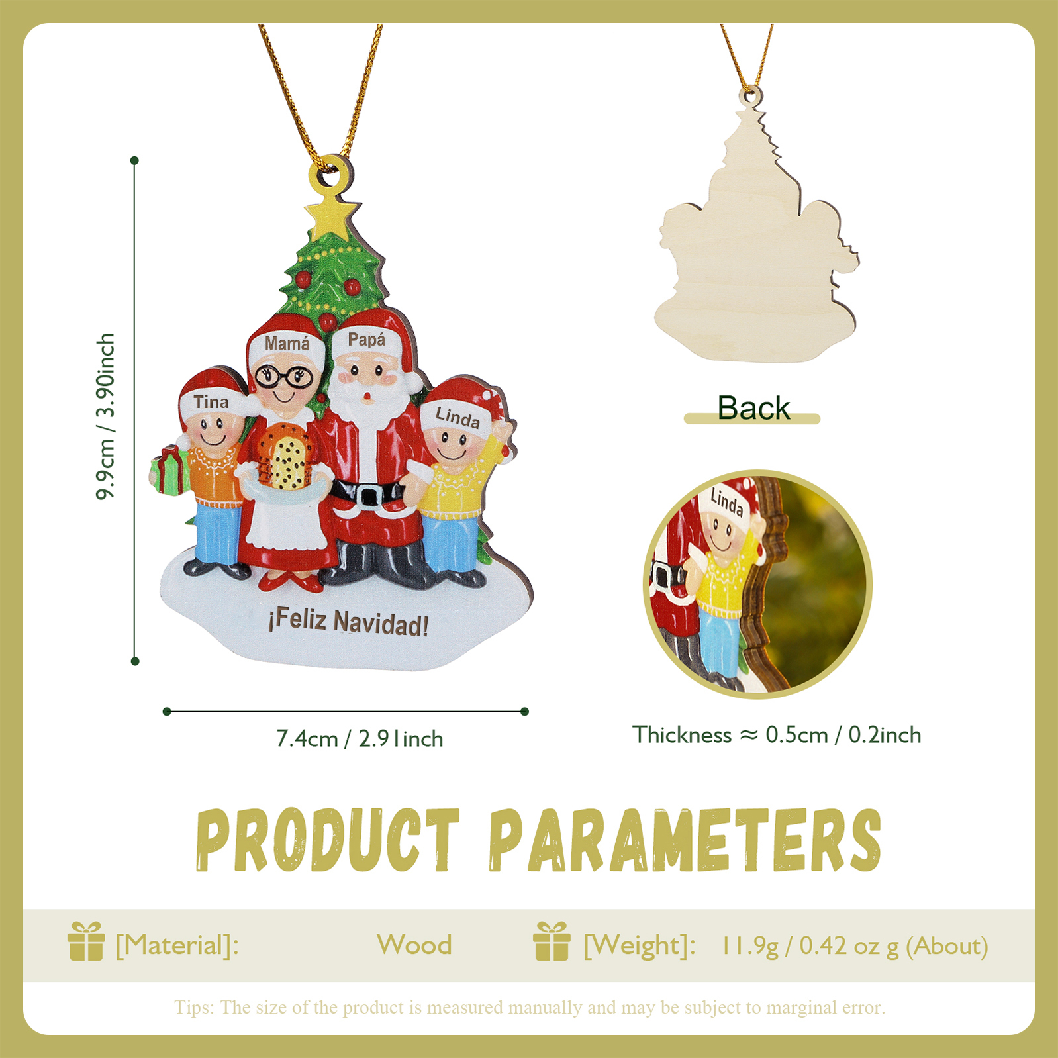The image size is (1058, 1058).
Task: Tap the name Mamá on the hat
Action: tap(287, 343)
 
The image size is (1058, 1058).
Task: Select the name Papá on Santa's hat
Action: tap(366, 340)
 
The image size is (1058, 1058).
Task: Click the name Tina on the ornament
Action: tap(211, 402)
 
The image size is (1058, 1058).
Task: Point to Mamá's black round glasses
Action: tap(285, 376)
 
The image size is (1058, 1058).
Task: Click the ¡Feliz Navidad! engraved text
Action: tap(348, 622)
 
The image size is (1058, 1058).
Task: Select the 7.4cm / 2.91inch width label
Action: tap(360, 738)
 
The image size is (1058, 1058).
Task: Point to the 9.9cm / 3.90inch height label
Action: tap(106, 416)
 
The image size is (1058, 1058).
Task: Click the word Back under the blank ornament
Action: tap(753, 408)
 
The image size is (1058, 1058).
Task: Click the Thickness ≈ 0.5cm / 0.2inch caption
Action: tap(776, 734)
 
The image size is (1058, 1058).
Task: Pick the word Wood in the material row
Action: tap(414, 945)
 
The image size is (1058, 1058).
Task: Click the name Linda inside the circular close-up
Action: tap(727, 502)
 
